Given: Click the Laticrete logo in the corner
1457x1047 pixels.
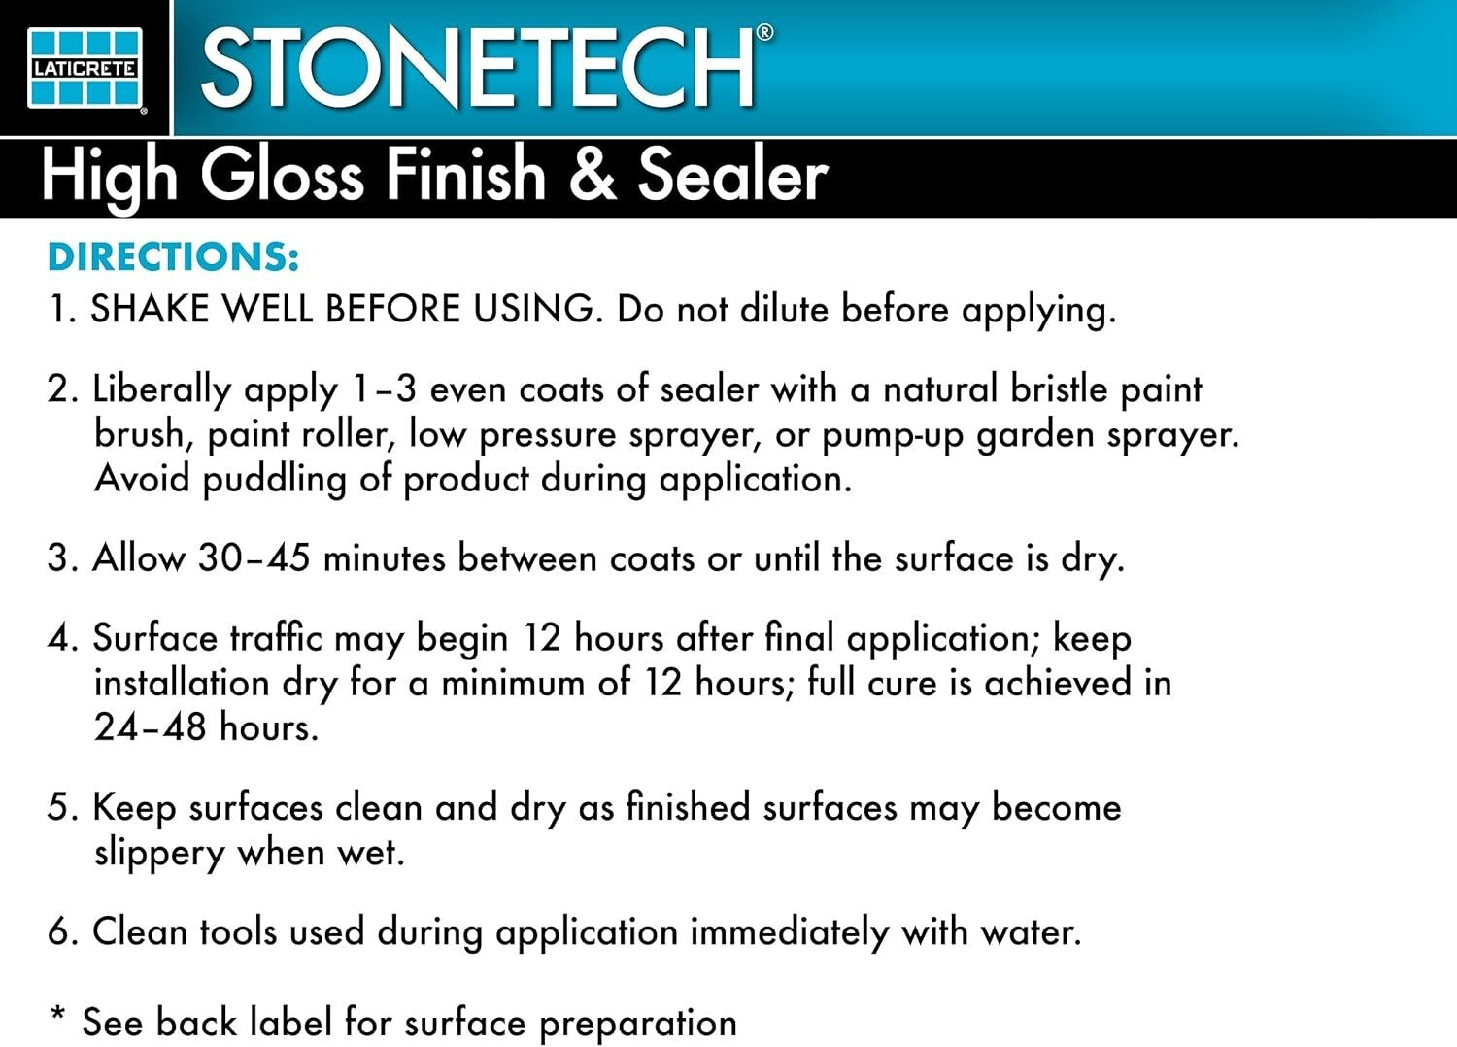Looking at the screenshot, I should [85, 67].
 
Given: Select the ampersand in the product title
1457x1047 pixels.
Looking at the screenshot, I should [593, 174].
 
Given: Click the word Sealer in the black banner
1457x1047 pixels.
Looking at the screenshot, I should [732, 176].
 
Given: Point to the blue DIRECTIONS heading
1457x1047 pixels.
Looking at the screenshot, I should [173, 257].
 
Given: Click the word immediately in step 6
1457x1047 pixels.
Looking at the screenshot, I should [789, 932].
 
